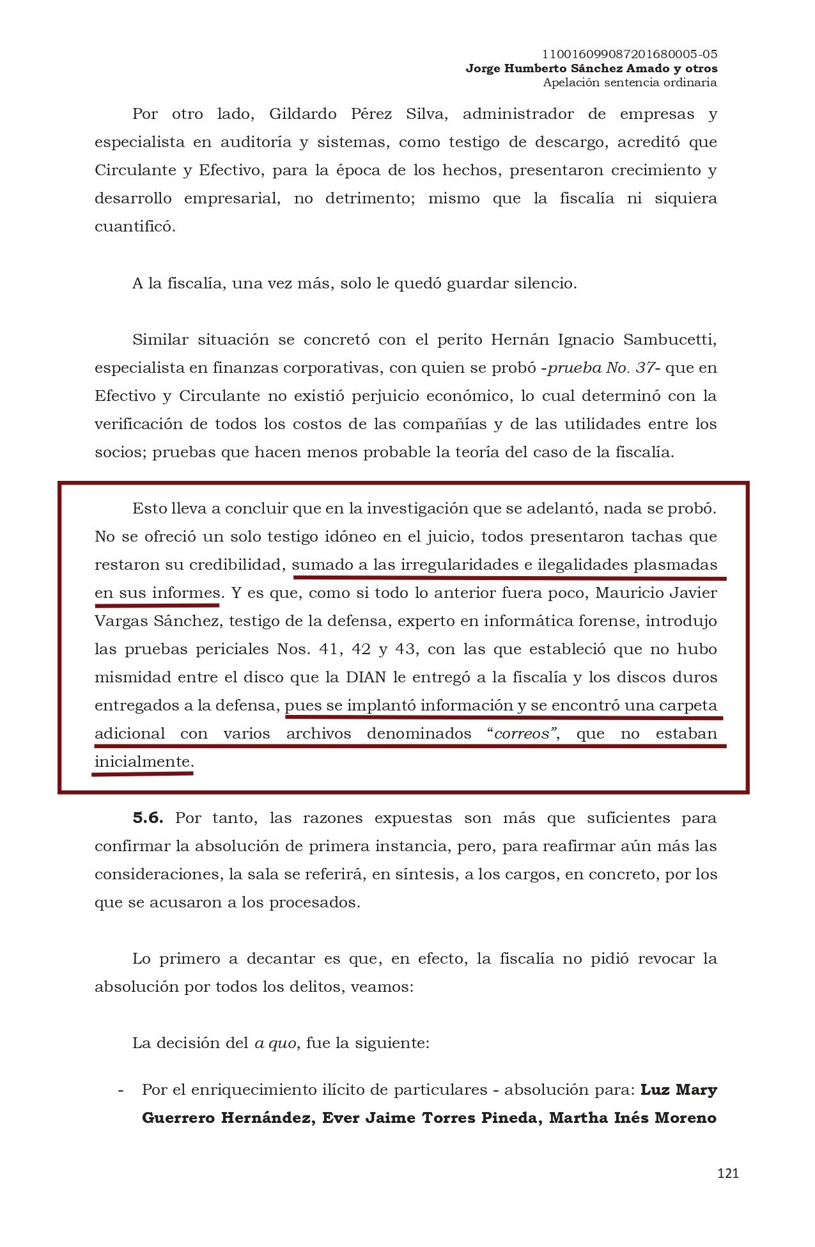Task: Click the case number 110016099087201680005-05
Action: click(x=629, y=54)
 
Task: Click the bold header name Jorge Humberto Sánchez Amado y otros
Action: click(x=591, y=68)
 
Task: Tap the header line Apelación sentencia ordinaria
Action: click(x=629, y=82)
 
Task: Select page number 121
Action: click(x=728, y=1173)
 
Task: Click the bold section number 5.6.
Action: click(x=148, y=818)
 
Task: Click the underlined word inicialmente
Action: click(x=143, y=762)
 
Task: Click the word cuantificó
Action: click(x=135, y=227)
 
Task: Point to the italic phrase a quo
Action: click(x=276, y=1043)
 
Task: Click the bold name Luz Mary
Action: click(x=678, y=1089)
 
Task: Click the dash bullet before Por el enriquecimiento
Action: click(x=121, y=1089)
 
